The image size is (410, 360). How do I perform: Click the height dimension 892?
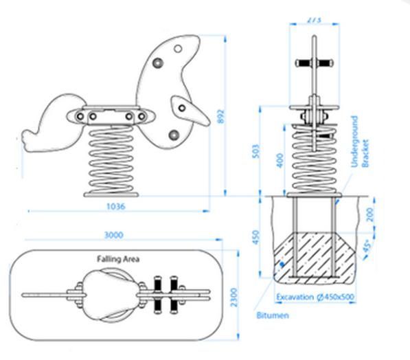tap(220, 117)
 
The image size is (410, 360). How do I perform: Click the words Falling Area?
tap(118, 259)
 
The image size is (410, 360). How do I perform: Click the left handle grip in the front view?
tap(303, 63)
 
